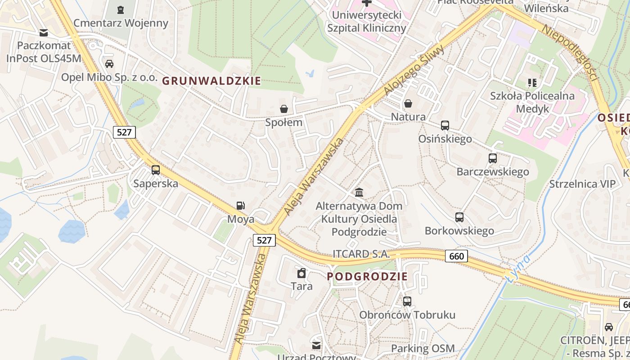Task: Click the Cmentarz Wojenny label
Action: pos(121,23)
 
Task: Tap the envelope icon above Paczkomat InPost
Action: pos(44,32)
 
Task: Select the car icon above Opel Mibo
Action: pos(109,64)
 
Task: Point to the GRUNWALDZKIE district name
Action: pos(211,81)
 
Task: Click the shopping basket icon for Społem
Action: pos(284,109)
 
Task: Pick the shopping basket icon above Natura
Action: pos(408,103)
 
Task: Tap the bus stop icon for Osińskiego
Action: pos(445,126)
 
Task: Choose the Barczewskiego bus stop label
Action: pos(493,171)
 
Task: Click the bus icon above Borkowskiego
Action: pos(459,217)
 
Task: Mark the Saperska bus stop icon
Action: pos(156,170)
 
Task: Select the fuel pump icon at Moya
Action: pos(241,206)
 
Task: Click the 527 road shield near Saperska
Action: pos(124,132)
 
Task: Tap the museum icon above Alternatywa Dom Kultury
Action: pos(359,193)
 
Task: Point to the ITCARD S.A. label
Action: pos(361,254)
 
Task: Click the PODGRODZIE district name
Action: pos(367,277)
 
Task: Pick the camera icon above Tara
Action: pos(301,273)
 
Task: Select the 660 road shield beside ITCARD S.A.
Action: pos(457,256)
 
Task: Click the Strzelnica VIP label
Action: pos(582,184)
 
